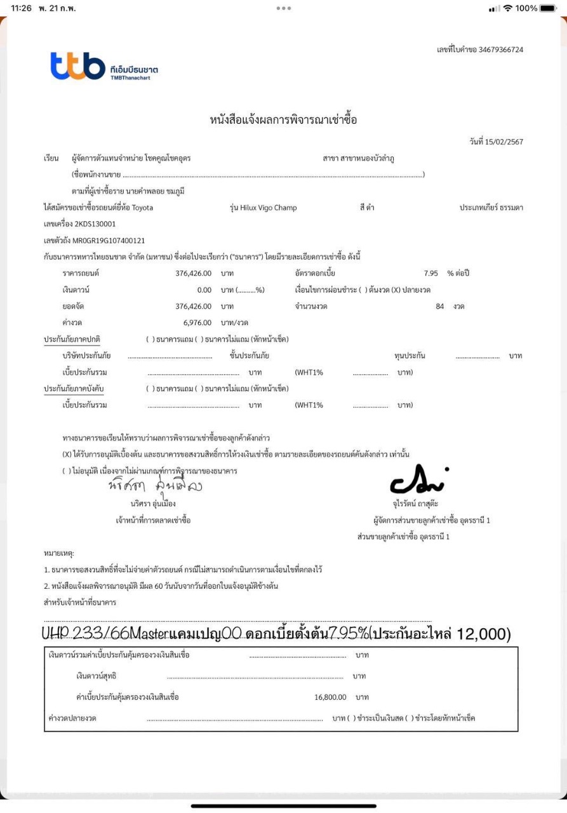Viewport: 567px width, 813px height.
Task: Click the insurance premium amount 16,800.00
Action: [330, 697]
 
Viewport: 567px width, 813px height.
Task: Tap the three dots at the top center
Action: [283, 8]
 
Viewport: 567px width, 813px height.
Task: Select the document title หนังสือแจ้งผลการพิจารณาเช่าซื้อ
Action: [283, 119]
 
